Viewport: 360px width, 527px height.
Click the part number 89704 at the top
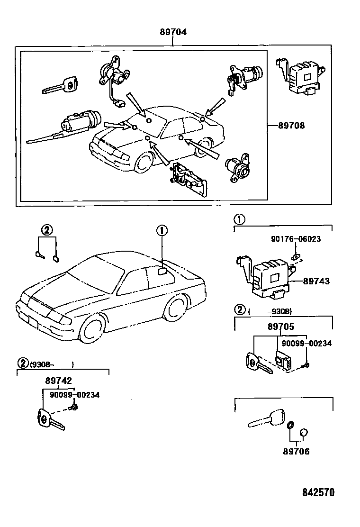point(173,32)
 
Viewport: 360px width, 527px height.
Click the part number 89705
point(280,327)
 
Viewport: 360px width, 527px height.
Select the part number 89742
point(59,381)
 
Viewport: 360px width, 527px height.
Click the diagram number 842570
point(318,492)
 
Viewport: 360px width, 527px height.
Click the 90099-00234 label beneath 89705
point(307,344)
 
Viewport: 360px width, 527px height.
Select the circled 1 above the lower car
point(162,231)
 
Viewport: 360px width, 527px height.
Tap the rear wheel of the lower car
point(174,308)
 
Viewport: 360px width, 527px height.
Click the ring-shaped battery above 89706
point(291,425)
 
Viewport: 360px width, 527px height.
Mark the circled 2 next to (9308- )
point(23,364)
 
